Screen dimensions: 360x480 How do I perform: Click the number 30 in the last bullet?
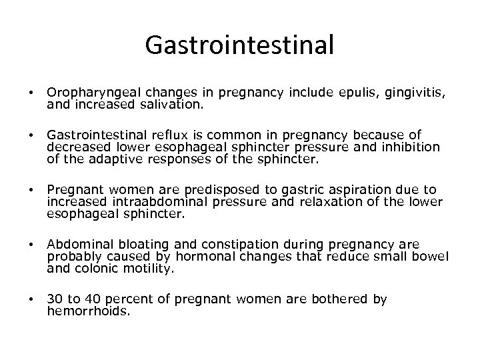pos(54,301)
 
